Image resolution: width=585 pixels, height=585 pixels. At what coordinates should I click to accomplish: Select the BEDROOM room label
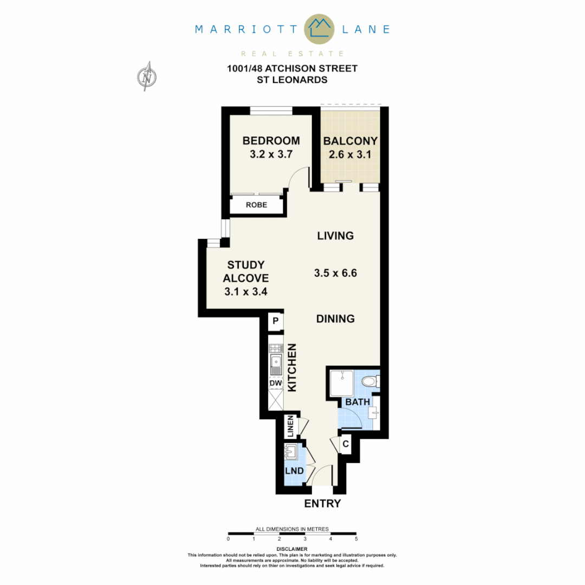pyautogui.click(x=271, y=141)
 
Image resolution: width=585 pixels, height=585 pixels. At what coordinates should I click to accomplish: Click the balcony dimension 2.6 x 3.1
pyautogui.click(x=350, y=154)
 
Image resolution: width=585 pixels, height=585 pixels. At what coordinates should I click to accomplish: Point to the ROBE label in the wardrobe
pyautogui.click(x=256, y=205)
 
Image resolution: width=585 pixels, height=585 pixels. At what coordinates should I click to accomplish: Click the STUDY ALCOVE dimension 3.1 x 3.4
pyautogui.click(x=246, y=291)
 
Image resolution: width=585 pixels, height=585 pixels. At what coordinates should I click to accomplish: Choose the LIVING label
pyautogui.click(x=335, y=236)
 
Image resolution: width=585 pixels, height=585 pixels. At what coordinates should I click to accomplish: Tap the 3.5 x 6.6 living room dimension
pyautogui.click(x=335, y=274)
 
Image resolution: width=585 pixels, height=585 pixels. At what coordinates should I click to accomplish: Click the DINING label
pyautogui.click(x=335, y=319)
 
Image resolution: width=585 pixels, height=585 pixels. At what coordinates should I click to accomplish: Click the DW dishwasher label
pyautogui.click(x=276, y=383)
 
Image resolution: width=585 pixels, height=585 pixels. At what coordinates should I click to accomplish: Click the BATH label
pyautogui.click(x=357, y=402)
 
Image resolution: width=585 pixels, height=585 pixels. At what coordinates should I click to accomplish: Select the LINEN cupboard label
pyautogui.click(x=291, y=426)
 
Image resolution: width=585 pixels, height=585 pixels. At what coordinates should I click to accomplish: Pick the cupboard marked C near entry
pyautogui.click(x=345, y=445)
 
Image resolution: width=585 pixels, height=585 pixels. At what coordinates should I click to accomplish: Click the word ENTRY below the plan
pyautogui.click(x=322, y=504)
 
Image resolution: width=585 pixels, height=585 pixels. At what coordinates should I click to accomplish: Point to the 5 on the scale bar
pyautogui.click(x=356, y=539)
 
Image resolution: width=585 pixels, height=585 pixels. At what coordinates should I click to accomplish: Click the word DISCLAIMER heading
pyautogui.click(x=292, y=549)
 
